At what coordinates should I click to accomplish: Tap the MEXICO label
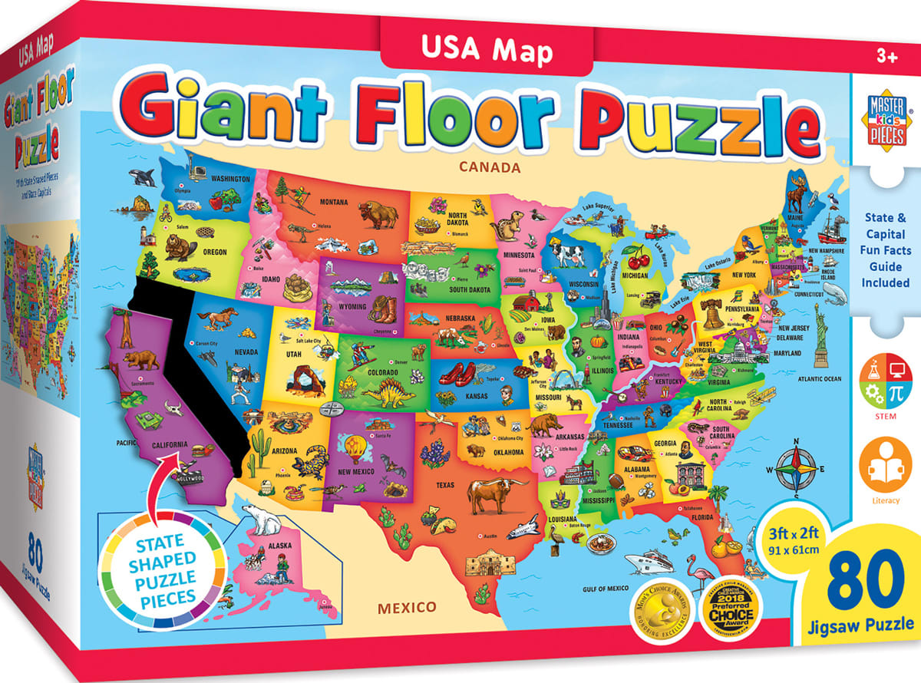point(406,608)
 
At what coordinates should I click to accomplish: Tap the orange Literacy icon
point(886,464)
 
